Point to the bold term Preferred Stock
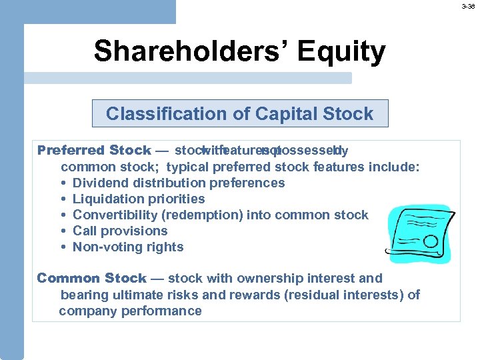(94, 150)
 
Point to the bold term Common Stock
(91, 278)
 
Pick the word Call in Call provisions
(85, 231)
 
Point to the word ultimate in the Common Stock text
(133, 295)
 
